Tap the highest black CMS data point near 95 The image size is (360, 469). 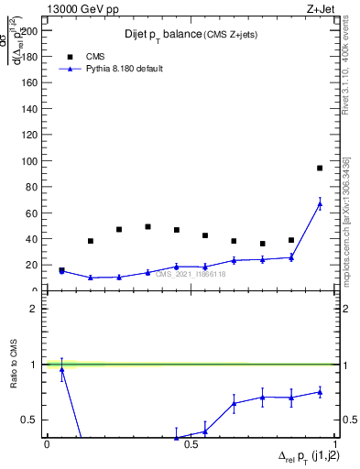[319, 168]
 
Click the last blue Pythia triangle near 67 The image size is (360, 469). [319, 204]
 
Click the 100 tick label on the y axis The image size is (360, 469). [31, 161]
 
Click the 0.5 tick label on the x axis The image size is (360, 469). [190, 443]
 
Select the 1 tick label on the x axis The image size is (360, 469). [333, 443]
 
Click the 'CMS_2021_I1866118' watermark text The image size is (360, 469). [190, 274]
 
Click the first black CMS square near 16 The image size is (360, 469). [61, 270]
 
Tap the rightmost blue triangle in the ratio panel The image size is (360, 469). [319, 392]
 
